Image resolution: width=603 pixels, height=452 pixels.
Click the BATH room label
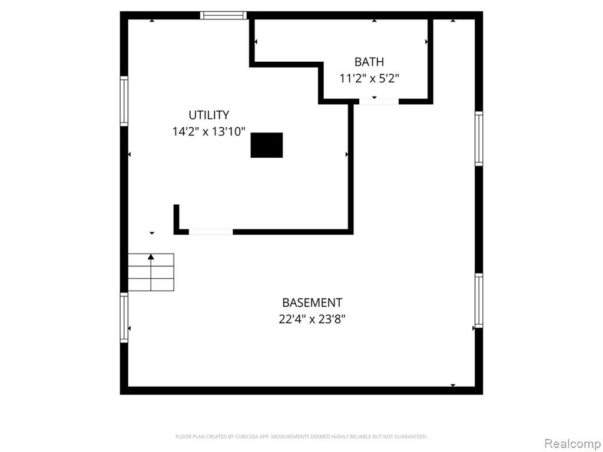pyautogui.click(x=369, y=62)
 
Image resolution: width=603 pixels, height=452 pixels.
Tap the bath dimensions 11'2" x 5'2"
pyautogui.click(x=369, y=78)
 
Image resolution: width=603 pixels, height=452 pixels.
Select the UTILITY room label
pyautogui.click(x=209, y=115)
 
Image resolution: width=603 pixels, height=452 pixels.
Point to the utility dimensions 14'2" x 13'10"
pyautogui.click(x=209, y=132)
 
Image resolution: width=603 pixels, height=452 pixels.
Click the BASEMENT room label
pyautogui.click(x=312, y=303)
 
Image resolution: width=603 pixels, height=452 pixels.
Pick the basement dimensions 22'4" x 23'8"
pyautogui.click(x=312, y=319)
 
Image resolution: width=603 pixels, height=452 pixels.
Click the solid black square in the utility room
pyautogui.click(x=267, y=145)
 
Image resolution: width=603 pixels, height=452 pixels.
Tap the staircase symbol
pyautogui.click(x=151, y=272)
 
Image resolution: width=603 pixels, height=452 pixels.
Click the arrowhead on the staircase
pyautogui.click(x=151, y=257)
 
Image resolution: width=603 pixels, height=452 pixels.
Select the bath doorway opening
pyautogui.click(x=379, y=101)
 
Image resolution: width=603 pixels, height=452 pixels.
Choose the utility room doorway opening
pyautogui.click(x=211, y=232)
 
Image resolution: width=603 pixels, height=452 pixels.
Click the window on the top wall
pyautogui.click(x=223, y=15)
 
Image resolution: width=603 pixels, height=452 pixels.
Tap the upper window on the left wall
pyautogui.click(x=124, y=101)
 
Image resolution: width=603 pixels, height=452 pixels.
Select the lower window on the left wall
pyautogui.click(x=124, y=318)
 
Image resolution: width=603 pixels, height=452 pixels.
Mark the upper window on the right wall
pyautogui.click(x=479, y=138)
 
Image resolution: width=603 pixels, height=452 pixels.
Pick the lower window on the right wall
pyautogui.click(x=479, y=301)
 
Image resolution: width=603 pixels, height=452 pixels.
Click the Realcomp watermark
pyautogui.click(x=573, y=443)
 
